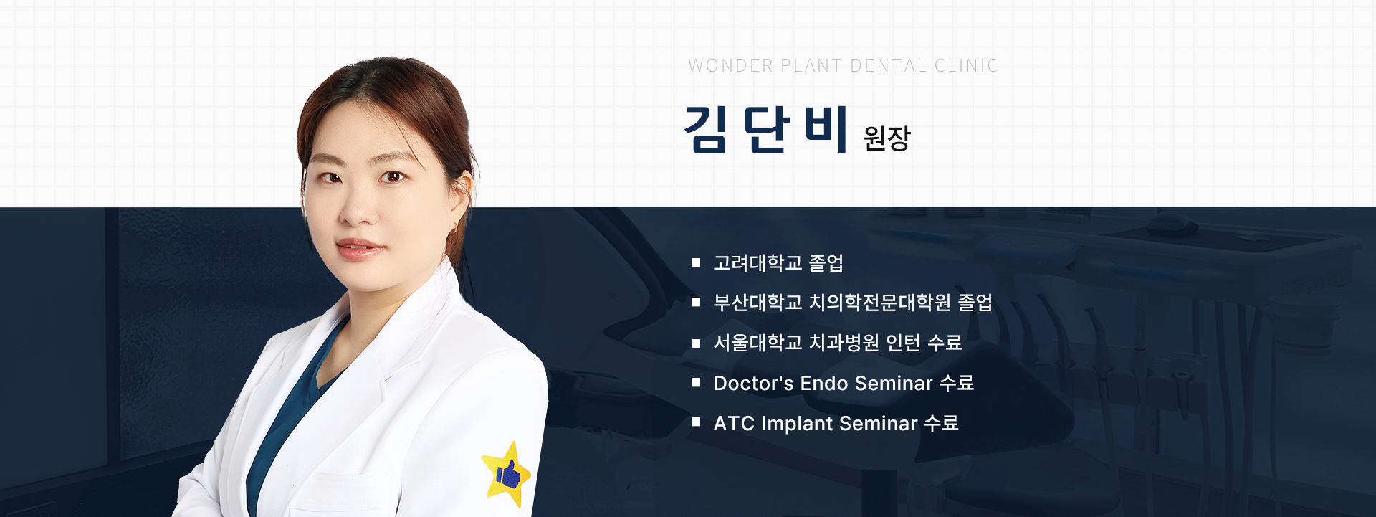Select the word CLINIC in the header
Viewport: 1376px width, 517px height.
(x=966, y=66)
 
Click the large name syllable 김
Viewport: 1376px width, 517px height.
(x=707, y=129)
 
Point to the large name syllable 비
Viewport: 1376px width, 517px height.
(x=826, y=129)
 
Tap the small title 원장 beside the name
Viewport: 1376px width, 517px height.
(x=887, y=138)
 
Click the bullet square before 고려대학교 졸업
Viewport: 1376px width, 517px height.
(x=695, y=263)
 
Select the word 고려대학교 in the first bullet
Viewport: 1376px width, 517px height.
(x=758, y=263)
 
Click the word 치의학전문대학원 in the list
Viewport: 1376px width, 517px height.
(x=880, y=303)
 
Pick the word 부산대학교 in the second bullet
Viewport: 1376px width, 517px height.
(x=758, y=303)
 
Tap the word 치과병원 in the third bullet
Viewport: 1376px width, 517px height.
(x=844, y=343)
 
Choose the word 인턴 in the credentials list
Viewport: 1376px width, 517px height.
(x=903, y=343)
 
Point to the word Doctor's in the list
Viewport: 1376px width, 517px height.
(x=753, y=384)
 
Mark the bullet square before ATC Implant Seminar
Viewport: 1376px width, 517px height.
(x=695, y=422)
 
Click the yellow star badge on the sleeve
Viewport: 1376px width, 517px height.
(x=507, y=475)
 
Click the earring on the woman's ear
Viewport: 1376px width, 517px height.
(x=454, y=227)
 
